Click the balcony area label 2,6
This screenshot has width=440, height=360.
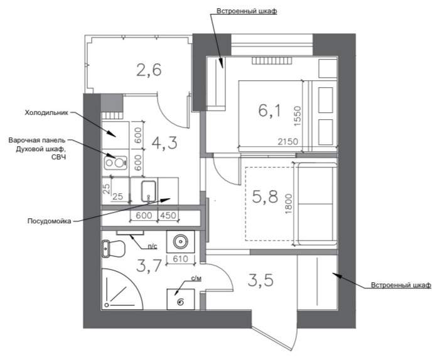(149, 70)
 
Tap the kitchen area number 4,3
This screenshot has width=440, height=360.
(164, 143)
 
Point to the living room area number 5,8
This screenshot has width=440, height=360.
(265, 196)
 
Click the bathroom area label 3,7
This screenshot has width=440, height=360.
(149, 266)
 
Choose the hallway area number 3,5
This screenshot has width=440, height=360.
(260, 280)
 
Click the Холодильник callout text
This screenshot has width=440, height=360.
(46, 113)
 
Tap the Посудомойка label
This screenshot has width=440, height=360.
(50, 221)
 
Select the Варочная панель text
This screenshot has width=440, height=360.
(37, 140)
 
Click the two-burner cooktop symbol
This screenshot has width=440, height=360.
(115, 163)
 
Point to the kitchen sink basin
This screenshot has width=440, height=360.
(148, 191)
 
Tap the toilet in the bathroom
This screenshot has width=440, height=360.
(113, 248)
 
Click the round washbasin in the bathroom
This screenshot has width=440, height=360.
(180, 241)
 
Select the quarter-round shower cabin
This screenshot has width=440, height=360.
(122, 289)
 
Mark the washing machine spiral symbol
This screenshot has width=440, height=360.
(181, 302)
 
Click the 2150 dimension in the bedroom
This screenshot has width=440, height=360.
(288, 141)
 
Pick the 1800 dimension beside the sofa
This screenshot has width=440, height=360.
(289, 204)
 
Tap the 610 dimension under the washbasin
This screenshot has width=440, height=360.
(180, 258)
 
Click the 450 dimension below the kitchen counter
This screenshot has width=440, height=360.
(168, 215)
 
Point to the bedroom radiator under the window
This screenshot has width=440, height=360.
(271, 61)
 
